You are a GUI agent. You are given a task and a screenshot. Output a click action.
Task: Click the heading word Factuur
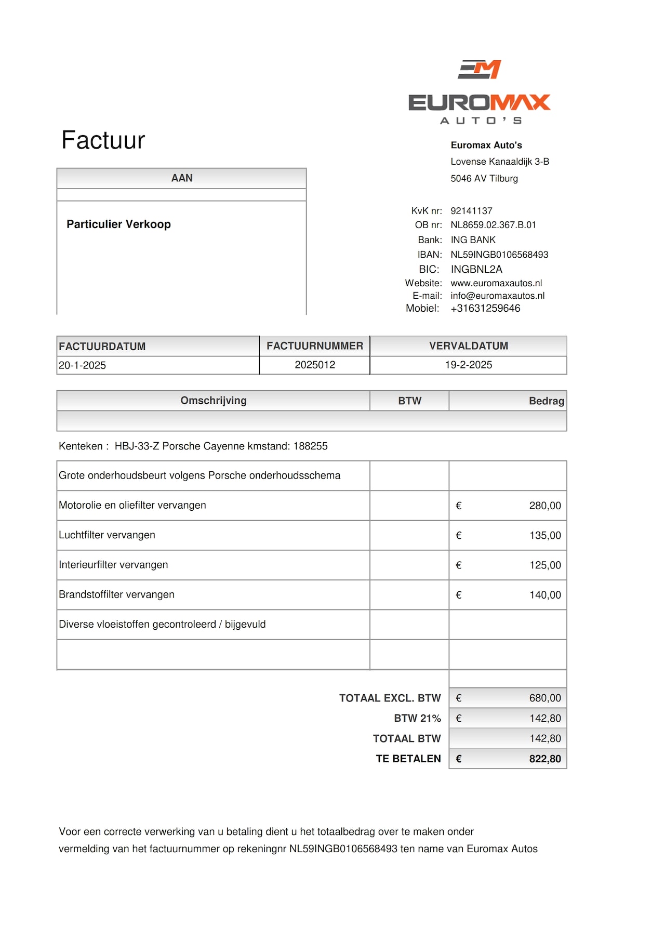(x=103, y=140)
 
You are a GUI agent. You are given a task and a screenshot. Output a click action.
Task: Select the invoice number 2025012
(x=315, y=365)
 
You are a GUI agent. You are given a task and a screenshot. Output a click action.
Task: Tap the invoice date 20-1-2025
(x=82, y=366)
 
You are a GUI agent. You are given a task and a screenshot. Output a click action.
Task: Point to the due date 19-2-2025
(x=468, y=365)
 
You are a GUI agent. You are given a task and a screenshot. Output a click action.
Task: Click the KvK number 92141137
(x=471, y=211)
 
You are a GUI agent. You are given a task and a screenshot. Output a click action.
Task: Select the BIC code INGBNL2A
(x=476, y=269)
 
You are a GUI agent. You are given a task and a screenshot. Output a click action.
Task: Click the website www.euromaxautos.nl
(x=496, y=283)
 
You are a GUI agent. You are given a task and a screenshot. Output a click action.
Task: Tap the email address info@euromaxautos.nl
(x=497, y=296)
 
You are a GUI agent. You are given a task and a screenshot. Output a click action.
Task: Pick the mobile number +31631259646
(x=485, y=309)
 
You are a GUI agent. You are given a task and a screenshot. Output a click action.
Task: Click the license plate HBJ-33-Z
(x=137, y=446)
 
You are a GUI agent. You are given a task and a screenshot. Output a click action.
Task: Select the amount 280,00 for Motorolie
(x=544, y=506)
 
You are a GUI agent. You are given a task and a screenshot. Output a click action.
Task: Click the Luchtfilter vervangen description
(x=107, y=535)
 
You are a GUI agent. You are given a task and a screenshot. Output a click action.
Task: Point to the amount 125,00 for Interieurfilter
(x=544, y=565)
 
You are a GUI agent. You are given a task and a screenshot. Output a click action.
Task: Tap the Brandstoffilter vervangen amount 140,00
(x=544, y=595)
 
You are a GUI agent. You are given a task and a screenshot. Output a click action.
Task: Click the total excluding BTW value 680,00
(x=544, y=698)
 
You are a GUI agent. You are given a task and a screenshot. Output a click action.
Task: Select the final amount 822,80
(x=544, y=759)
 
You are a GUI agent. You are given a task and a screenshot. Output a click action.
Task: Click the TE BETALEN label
(x=408, y=759)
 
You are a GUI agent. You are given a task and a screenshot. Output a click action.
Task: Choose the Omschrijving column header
(x=213, y=401)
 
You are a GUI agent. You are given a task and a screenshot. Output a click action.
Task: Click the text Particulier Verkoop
(x=118, y=224)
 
